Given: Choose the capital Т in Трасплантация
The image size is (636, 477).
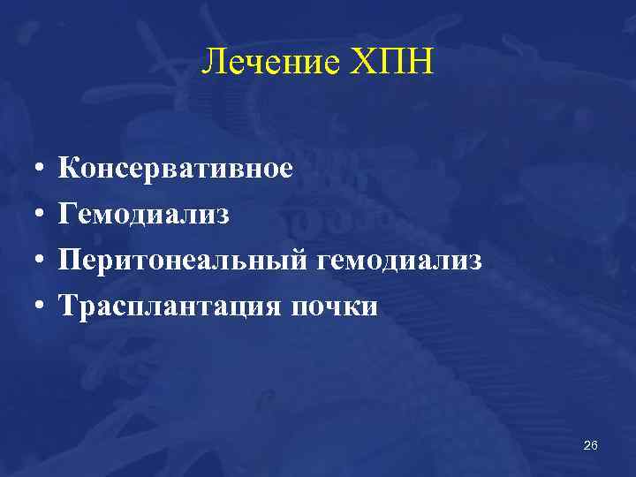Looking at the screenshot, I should (x=68, y=306).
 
